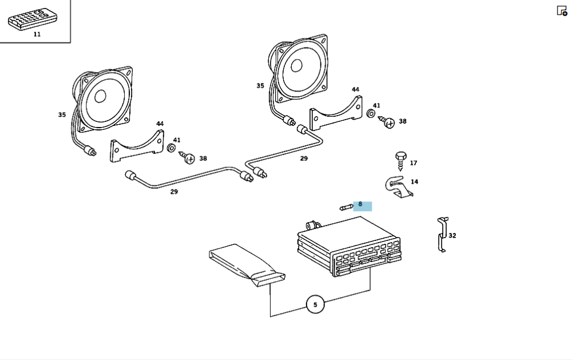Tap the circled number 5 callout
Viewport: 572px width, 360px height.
(x=315, y=304)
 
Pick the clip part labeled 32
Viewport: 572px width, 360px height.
(x=442, y=235)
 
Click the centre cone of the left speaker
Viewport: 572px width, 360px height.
(x=101, y=96)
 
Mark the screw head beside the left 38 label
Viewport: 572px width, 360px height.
(x=189, y=157)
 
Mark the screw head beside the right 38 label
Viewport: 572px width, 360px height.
(x=388, y=122)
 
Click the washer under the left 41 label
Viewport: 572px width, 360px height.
(x=171, y=149)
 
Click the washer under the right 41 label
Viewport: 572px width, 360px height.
(x=371, y=114)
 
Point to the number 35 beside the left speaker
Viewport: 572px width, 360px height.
(x=62, y=114)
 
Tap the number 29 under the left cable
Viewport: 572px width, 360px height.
(x=174, y=192)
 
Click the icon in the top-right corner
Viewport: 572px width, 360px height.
(x=562, y=11)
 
